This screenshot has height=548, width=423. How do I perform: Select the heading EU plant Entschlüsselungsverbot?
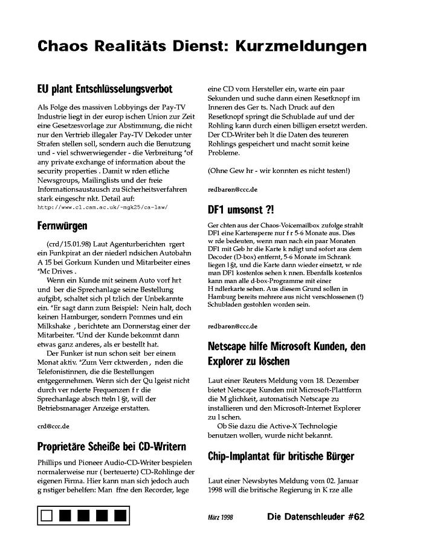105,88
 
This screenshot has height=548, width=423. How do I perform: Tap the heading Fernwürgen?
62,226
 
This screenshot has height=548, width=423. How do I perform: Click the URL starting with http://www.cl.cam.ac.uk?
102,207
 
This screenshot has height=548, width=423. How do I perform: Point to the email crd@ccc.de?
53,426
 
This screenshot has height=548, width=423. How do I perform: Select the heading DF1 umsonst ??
240,209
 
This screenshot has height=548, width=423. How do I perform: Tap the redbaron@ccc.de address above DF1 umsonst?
232,189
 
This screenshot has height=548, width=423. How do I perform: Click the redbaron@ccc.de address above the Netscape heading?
232,327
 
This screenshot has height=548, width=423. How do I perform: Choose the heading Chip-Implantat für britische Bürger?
280,455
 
